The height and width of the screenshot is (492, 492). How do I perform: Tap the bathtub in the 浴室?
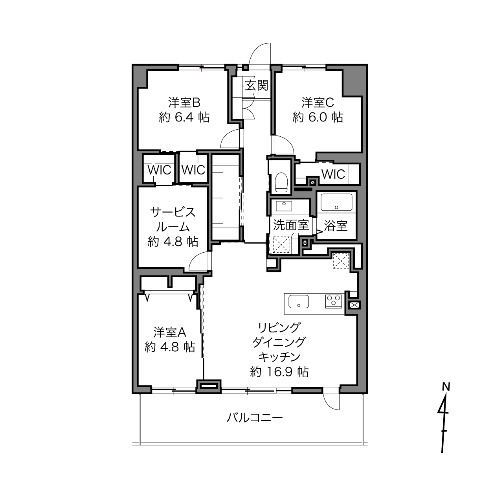(x=336, y=202)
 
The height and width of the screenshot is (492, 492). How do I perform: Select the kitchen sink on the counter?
(x=299, y=301)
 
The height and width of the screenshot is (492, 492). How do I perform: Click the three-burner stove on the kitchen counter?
(x=334, y=301)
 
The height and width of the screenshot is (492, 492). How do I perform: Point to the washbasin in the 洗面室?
(x=284, y=206)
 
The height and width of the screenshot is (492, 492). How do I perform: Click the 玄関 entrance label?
(x=257, y=85)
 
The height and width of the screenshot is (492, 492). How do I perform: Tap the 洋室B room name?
(x=184, y=103)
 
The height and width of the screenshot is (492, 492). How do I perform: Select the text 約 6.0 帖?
(x=318, y=117)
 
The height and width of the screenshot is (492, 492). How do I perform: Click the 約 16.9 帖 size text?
(x=279, y=372)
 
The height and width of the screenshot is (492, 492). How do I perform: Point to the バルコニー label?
(x=255, y=418)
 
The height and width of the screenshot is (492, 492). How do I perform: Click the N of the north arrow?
(x=446, y=387)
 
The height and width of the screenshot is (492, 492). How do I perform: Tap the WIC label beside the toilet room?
(x=333, y=174)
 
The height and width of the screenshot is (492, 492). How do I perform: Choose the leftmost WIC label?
(x=159, y=170)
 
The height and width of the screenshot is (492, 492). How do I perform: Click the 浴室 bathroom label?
(x=336, y=226)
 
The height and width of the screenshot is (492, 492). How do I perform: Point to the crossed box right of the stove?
(x=354, y=305)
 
